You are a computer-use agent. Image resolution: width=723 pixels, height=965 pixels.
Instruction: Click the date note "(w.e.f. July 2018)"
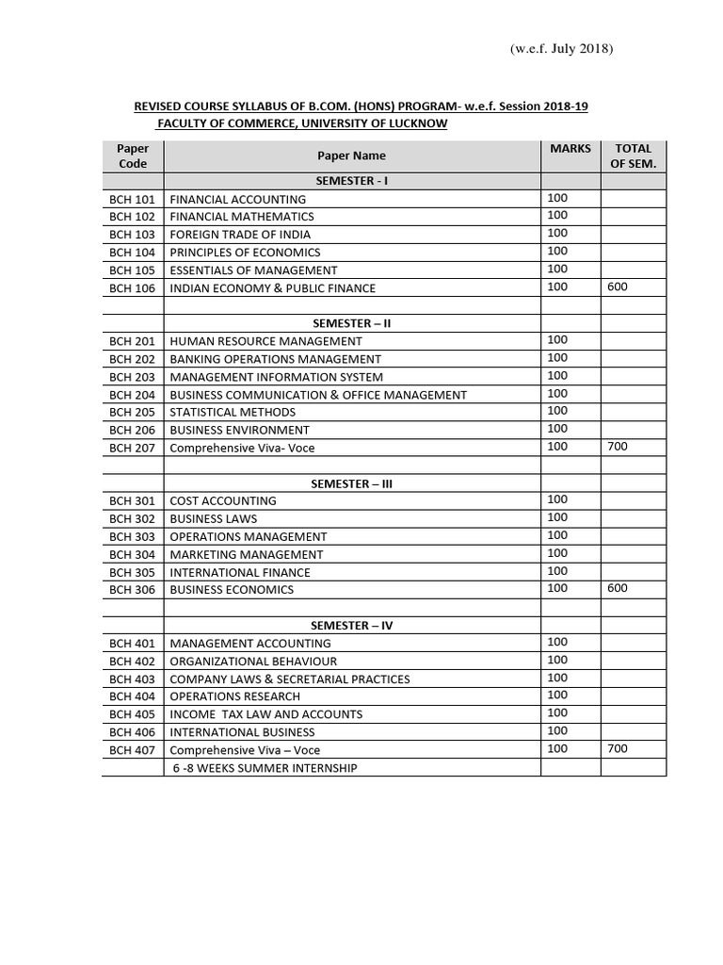coord(560,48)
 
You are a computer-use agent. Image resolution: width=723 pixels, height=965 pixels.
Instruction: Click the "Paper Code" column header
coord(133,156)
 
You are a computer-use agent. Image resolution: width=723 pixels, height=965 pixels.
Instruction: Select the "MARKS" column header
coord(570,149)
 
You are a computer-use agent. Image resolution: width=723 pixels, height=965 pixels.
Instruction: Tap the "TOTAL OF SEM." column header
coord(634,156)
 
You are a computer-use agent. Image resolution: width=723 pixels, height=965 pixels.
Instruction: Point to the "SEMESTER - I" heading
coord(351,181)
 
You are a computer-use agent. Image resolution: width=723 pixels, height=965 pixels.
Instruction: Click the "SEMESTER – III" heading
coord(351,483)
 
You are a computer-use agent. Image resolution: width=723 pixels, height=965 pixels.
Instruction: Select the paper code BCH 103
coord(132,235)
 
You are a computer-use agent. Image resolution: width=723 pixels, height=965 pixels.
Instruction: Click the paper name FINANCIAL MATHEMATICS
coord(242,217)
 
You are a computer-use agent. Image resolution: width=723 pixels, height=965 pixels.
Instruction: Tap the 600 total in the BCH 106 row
coord(618,286)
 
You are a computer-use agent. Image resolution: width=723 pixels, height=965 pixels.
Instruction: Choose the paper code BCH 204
coord(132,395)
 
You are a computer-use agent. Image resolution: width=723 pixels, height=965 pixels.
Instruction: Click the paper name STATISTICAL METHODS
coord(233,412)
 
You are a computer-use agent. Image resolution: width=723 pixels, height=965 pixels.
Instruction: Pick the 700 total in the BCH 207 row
coord(618,446)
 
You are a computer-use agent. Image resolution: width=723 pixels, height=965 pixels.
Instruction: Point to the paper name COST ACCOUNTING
coord(223,501)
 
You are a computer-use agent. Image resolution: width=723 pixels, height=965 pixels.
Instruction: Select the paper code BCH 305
coord(132,572)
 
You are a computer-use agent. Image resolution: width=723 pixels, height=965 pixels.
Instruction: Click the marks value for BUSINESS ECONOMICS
coord(557,588)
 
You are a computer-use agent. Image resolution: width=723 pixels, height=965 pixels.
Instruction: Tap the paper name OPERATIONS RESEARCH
coord(235,696)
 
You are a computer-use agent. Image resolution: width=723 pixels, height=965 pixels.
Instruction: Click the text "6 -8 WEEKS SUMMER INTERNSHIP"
coord(265,768)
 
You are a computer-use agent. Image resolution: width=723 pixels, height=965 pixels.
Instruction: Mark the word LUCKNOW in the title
coord(414,123)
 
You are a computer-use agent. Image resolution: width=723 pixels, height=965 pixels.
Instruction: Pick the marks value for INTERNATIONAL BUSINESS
coord(557,730)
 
